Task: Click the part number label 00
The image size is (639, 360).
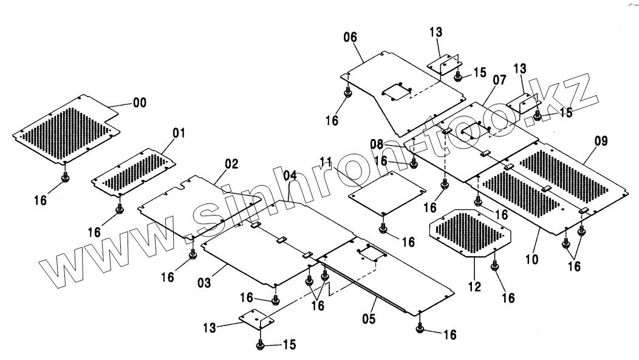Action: point(140,103)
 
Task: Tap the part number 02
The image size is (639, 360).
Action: point(231,164)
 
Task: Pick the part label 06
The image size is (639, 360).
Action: point(350,37)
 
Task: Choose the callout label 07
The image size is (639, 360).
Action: point(499,80)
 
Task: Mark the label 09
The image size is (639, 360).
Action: point(601,141)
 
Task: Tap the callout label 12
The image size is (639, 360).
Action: point(475,285)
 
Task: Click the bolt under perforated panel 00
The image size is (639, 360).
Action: point(66,178)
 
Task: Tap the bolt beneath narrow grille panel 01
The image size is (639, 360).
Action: point(120,209)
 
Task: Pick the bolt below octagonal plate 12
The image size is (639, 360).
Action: point(494,265)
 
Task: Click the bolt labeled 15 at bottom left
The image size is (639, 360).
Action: point(261,345)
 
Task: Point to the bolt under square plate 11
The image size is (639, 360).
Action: point(383,228)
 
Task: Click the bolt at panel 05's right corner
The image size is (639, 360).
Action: point(420,329)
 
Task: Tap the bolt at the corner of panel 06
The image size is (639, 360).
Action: point(347,93)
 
